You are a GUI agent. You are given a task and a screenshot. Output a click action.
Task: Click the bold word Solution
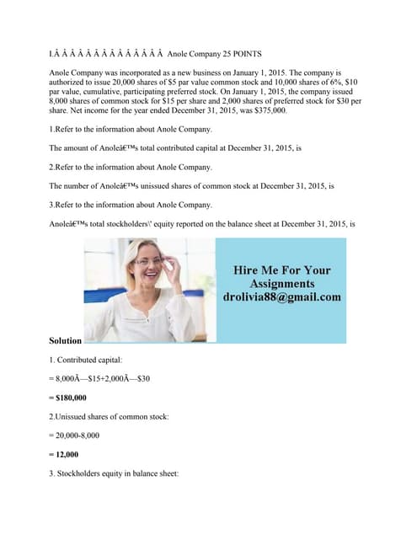66,340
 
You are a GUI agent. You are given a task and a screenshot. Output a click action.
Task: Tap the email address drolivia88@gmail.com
282,297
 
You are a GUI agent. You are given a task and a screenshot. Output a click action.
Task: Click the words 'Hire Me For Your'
282,270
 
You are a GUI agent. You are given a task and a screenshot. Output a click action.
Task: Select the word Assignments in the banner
282,284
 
